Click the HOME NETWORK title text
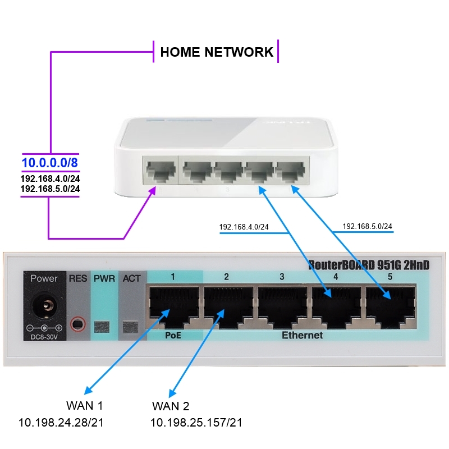tap(217, 52)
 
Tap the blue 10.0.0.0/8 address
tap(49, 163)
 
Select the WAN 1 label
tap(85, 406)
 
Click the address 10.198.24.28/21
tap(65, 423)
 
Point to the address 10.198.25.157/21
tap(196, 423)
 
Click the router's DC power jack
tap(44, 307)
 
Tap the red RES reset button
tap(77, 324)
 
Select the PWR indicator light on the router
tap(103, 326)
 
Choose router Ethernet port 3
tap(282, 306)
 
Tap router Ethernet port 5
tap(391, 306)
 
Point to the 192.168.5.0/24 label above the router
tap(367, 226)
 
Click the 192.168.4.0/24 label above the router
tap(244, 227)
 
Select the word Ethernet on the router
tap(302, 335)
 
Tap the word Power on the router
tap(44, 278)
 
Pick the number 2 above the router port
tap(226, 277)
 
